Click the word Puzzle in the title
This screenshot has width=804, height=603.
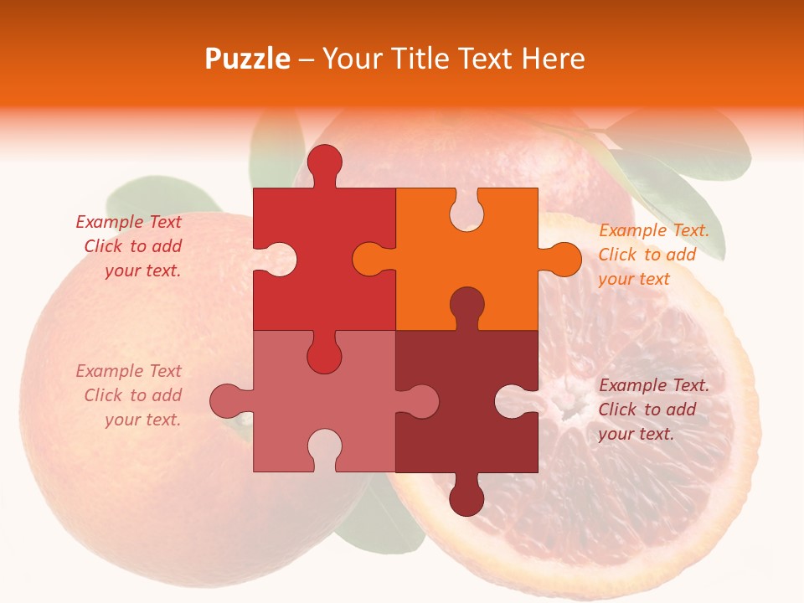248,59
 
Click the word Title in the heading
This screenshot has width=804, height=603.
415,59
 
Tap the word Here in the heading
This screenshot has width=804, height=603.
553,59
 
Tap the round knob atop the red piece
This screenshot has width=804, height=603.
324,162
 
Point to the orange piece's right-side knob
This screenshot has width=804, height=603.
563,259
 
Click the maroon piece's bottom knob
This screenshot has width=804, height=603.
466,499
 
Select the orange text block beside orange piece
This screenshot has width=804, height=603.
653,255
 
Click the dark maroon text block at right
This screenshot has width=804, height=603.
653,410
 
